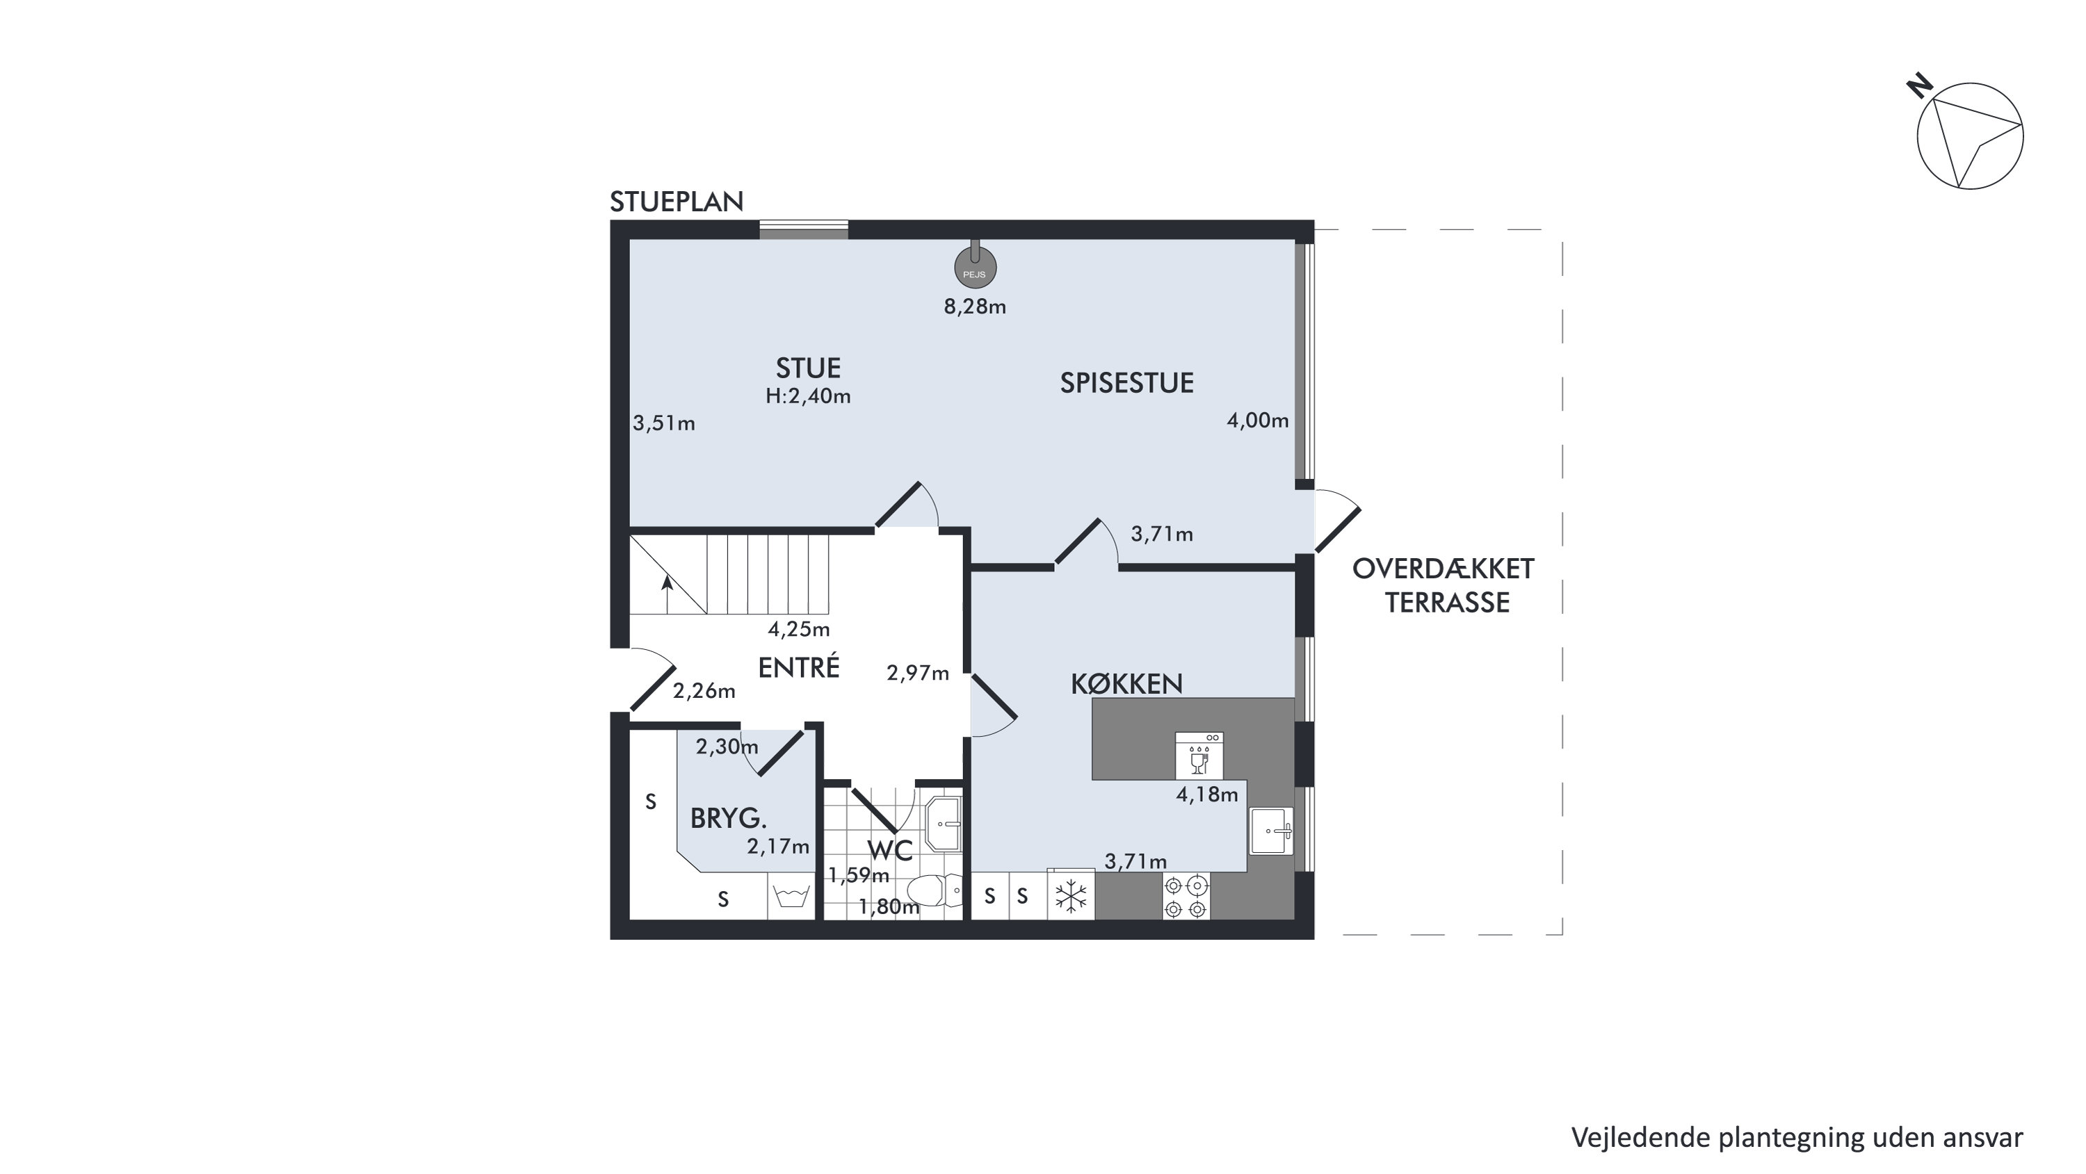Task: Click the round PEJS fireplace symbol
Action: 975,267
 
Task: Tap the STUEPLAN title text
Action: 676,202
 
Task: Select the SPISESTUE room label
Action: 1126,383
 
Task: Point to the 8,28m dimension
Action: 975,307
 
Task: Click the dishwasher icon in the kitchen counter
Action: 1199,756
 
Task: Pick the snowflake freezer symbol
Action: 1071,896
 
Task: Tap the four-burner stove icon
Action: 1186,896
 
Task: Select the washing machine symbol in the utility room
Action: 791,896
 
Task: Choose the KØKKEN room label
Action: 1126,685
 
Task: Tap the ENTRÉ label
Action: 798,667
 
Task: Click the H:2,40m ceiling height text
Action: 808,397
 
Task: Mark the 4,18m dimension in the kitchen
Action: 1206,795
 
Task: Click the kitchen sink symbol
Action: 1271,831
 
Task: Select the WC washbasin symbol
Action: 944,824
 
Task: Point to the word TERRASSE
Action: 1447,603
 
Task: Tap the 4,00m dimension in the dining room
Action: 1258,421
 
